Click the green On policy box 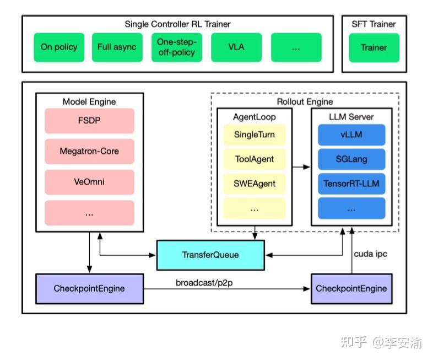click(59, 47)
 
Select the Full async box click(117, 47)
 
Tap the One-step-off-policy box click(177, 47)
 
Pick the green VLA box click(236, 47)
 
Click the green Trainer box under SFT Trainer click(374, 48)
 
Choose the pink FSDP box click(89, 121)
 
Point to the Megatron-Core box click(89, 152)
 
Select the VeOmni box click(89, 182)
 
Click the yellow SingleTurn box click(255, 135)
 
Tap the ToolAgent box click(255, 159)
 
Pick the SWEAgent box click(255, 184)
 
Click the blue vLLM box click(351, 135)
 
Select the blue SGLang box click(351, 159)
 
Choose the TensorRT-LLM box click(351, 184)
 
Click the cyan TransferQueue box click(210, 255)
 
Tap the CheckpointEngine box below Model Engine click(89, 289)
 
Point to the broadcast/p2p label click(204, 283)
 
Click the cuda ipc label click(371, 254)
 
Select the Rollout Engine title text click(305, 101)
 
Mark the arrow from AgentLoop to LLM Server click(301, 167)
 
